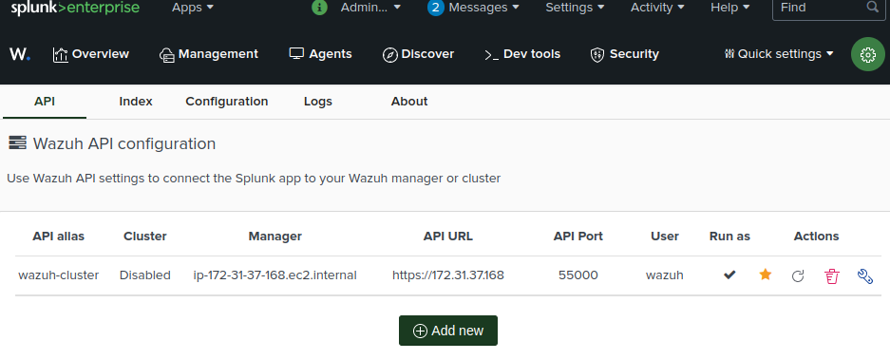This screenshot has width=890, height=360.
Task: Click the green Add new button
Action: (447, 331)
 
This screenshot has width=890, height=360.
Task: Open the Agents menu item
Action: (320, 54)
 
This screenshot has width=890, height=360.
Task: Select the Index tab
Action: (136, 102)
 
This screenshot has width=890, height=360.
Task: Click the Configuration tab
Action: (226, 102)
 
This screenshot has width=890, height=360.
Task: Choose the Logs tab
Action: (318, 102)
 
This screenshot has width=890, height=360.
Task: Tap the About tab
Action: (409, 102)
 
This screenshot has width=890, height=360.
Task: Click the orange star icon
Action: (766, 275)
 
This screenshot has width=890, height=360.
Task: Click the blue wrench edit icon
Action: (864, 275)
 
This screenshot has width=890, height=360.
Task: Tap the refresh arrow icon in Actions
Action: (798, 275)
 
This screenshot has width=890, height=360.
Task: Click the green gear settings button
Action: (867, 54)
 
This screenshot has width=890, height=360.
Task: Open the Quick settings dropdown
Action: (778, 54)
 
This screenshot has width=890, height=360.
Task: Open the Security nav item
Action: (624, 54)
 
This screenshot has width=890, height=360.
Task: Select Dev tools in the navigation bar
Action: (521, 54)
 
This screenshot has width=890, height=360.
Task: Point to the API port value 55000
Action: (578, 275)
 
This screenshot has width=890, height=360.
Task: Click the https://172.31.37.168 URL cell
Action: (447, 275)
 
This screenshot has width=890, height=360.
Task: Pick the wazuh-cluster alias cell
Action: (59, 275)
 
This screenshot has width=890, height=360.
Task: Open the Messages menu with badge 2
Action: (473, 8)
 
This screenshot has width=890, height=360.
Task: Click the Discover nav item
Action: (418, 54)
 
